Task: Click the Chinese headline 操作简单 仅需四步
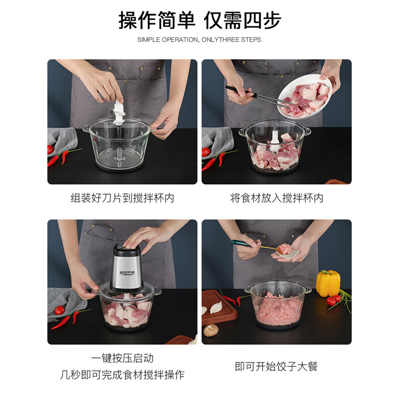[200, 20]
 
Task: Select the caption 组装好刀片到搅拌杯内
[122, 198]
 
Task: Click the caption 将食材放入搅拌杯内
[277, 198]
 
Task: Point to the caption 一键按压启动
[122, 358]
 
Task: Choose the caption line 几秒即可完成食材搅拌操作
[122, 375]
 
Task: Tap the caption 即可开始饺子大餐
[277, 366]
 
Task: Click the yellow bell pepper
[328, 283]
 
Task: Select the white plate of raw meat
[304, 97]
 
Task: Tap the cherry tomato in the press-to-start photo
[59, 310]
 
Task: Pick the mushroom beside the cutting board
[210, 330]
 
